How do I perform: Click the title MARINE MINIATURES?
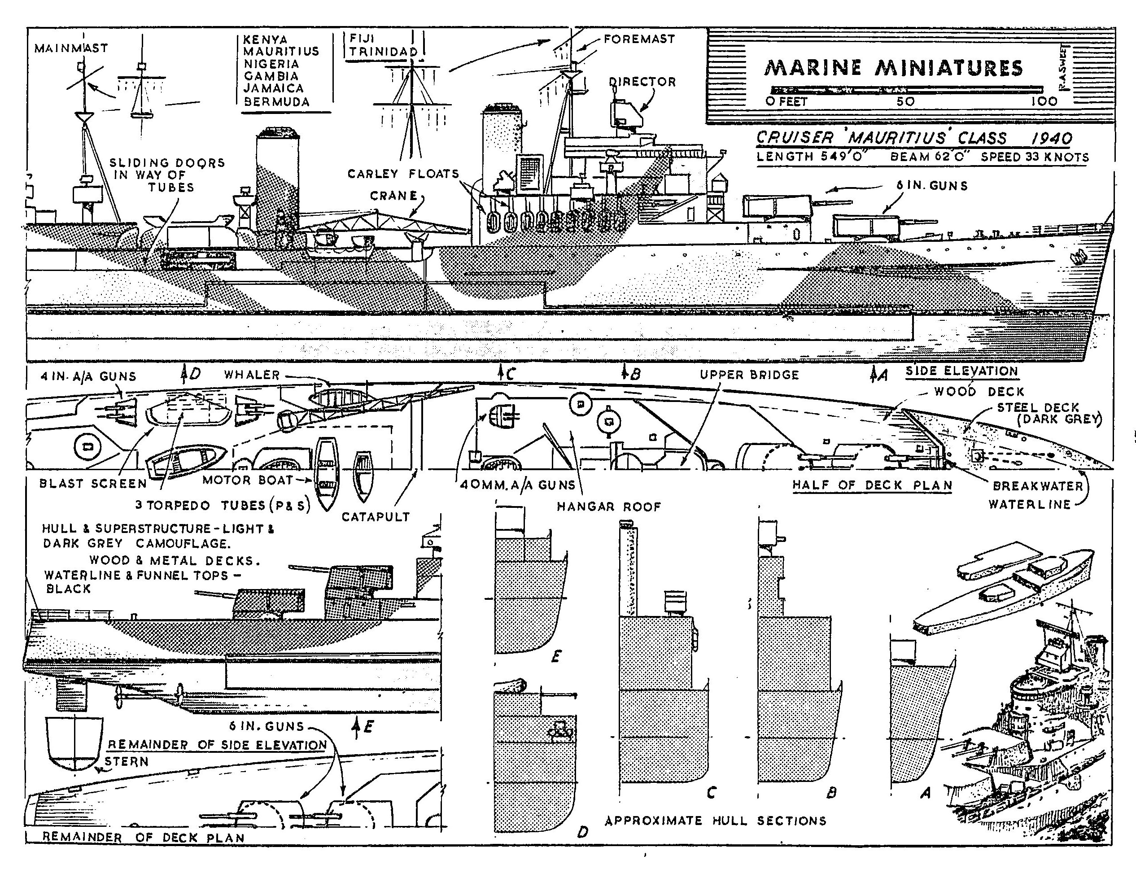[893, 68]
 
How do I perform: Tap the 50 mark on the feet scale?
[905, 101]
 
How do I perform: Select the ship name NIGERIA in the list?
[271, 64]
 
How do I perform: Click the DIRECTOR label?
[642, 82]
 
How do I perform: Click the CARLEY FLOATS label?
[403, 174]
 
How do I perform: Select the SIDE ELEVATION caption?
[961, 371]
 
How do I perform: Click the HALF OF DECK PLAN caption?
[872, 485]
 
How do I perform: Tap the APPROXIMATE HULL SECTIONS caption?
[715, 821]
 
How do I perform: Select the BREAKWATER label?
[1037, 486]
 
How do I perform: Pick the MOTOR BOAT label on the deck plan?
[247, 480]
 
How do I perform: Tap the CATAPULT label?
[376, 516]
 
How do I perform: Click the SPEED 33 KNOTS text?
[1035, 157]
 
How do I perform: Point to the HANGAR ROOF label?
[609, 507]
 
